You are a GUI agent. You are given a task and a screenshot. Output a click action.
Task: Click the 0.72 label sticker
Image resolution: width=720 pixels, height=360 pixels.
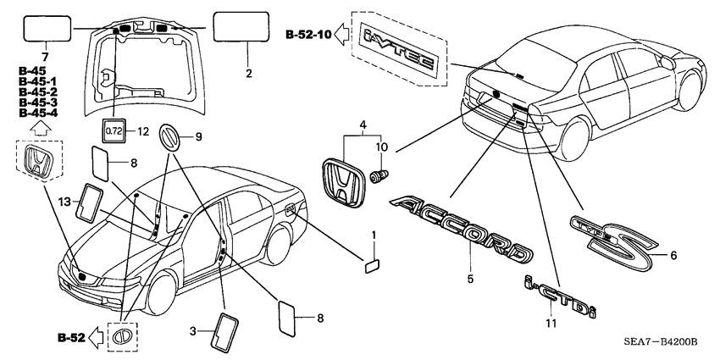[x=114, y=130]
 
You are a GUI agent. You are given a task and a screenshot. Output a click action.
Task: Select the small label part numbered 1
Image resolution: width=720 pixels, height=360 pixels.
[x=372, y=263]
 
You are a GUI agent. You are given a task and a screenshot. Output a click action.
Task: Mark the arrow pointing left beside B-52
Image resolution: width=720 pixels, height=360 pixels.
[x=96, y=337]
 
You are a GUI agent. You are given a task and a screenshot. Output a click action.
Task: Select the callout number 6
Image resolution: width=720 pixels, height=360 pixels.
[x=674, y=254]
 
